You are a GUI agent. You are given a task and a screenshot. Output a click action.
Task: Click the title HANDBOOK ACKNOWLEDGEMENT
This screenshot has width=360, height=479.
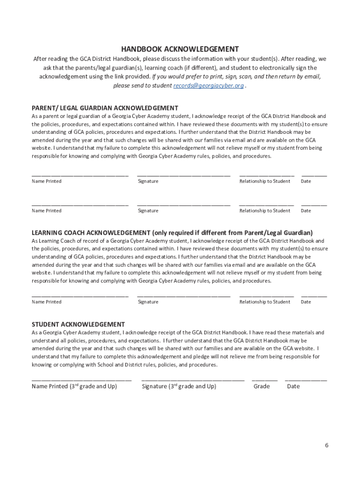pos(180,49)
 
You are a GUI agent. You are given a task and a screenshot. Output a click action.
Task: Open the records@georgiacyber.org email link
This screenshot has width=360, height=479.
pos(209,86)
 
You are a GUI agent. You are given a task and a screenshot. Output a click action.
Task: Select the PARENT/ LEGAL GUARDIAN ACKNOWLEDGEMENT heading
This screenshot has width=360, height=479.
pos(105,108)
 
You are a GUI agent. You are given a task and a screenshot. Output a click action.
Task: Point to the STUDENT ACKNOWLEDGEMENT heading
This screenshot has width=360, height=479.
pos(78,324)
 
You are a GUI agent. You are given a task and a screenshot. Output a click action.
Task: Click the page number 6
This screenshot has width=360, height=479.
pos(327,445)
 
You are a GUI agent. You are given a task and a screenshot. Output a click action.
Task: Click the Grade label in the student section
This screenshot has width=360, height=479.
pos(261,386)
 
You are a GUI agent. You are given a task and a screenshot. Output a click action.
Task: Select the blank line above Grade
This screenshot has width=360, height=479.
pos(264,380)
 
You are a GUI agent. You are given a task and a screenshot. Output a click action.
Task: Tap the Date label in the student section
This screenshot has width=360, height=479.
pos(293,386)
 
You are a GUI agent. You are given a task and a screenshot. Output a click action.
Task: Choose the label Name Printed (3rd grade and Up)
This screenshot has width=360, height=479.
pos(74,386)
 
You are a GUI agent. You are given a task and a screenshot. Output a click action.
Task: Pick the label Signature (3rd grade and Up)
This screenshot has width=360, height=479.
pos(179,386)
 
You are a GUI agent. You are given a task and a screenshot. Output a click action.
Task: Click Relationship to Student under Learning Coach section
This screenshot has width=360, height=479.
pos(265,302)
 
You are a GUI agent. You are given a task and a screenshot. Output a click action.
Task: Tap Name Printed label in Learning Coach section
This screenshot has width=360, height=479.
pos(46,302)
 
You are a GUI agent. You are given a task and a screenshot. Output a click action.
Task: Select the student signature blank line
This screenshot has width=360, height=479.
pos(193,380)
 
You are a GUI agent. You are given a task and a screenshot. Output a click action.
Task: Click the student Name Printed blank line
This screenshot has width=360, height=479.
pos(81,380)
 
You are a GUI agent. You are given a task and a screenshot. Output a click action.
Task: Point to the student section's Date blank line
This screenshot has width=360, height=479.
pos(306,380)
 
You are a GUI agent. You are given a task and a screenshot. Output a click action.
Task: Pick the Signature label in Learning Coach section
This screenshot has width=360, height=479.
pos(148,302)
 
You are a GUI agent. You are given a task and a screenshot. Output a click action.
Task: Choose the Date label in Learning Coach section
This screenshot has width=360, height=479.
pos(306,302)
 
